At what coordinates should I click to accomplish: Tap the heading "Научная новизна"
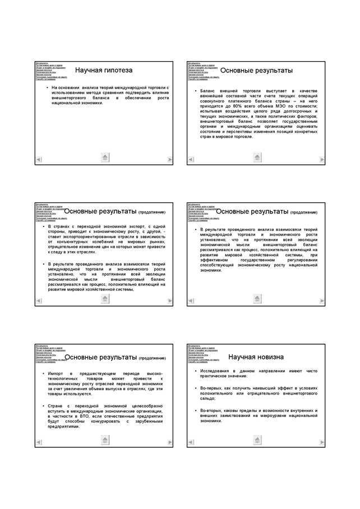tap(256, 357)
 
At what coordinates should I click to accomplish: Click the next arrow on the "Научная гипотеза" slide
tap(170, 160)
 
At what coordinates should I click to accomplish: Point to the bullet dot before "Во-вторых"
tap(195, 410)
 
